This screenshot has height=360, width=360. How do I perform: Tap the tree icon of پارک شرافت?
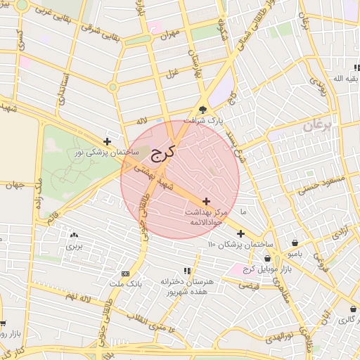point(204,109)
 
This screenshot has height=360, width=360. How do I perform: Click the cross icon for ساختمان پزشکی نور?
point(107,141)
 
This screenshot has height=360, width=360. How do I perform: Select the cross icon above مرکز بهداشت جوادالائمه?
point(206,201)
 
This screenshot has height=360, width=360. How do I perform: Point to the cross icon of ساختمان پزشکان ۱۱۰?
point(240,233)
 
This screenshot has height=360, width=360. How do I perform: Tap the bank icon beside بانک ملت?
point(125,274)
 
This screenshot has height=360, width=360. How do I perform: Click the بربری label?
point(74,247)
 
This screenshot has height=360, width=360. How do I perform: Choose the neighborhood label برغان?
point(317,126)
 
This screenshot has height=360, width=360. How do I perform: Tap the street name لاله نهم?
point(77,299)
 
